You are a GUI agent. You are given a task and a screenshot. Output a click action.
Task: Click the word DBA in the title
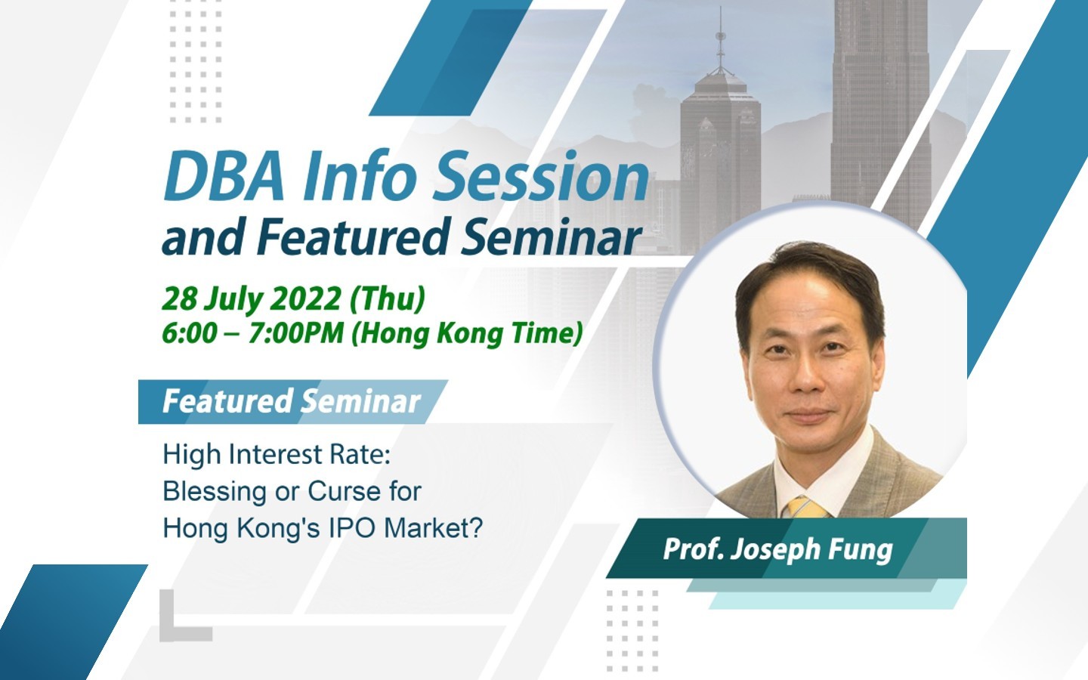(x=224, y=176)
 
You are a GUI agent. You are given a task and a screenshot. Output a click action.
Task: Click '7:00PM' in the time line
(x=296, y=334)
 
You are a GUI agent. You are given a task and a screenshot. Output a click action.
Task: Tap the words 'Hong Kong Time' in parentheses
(x=467, y=335)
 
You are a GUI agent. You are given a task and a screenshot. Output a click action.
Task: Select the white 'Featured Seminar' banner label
(x=292, y=401)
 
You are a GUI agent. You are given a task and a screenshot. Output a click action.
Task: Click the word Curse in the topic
(x=344, y=491)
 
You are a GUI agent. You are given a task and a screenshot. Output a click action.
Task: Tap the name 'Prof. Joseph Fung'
(x=777, y=549)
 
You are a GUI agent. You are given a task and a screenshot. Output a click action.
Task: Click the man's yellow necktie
(x=806, y=508)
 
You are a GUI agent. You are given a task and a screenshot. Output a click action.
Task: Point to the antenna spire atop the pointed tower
(x=720, y=39)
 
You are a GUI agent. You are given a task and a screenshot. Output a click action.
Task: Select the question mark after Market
(x=477, y=527)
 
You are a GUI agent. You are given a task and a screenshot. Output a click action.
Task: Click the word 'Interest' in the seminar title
(x=275, y=455)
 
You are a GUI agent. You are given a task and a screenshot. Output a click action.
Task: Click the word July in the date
(x=233, y=299)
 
